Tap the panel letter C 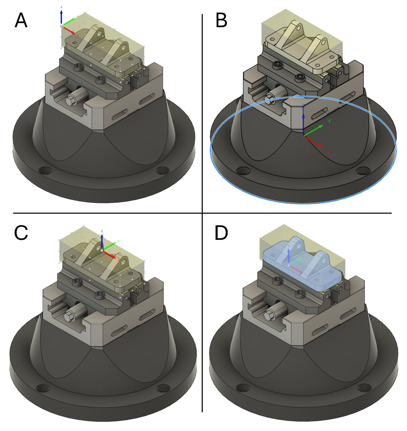(21, 233)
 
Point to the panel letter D (222, 233)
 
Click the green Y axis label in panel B (329, 121)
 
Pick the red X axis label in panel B (329, 151)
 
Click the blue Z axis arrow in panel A (61, 18)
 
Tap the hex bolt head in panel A (71, 101)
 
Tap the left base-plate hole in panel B (243, 171)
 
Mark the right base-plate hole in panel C (162, 389)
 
